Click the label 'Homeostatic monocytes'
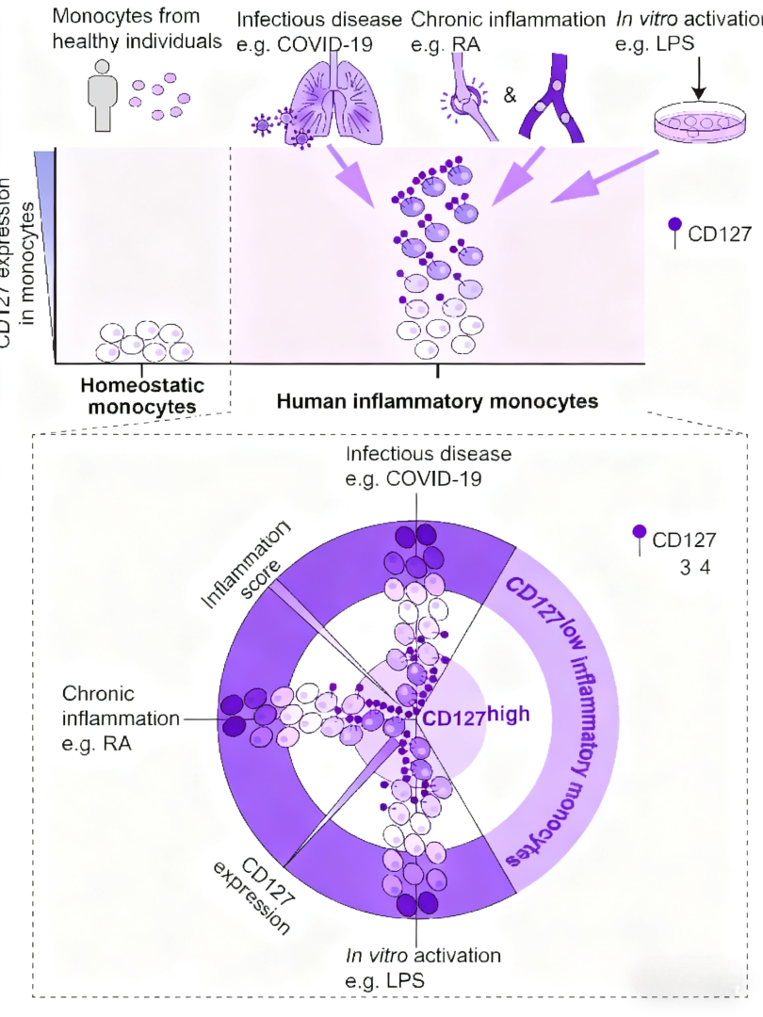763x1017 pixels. (141, 395)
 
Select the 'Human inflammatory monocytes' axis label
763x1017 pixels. (437, 401)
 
